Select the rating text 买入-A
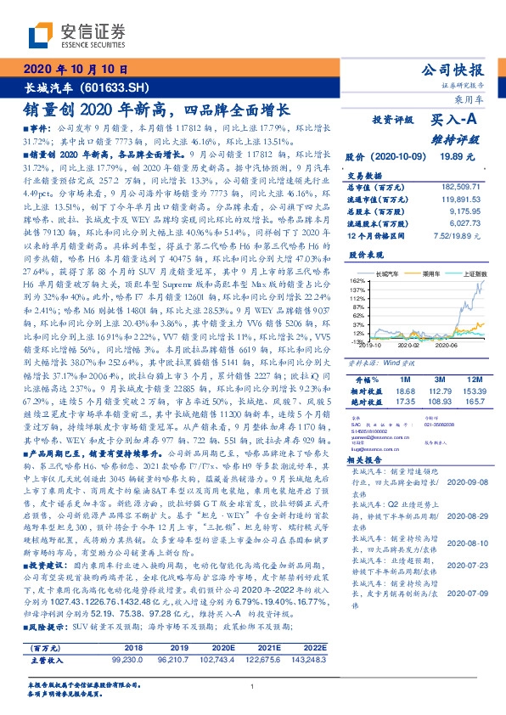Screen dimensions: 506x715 [457, 120]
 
